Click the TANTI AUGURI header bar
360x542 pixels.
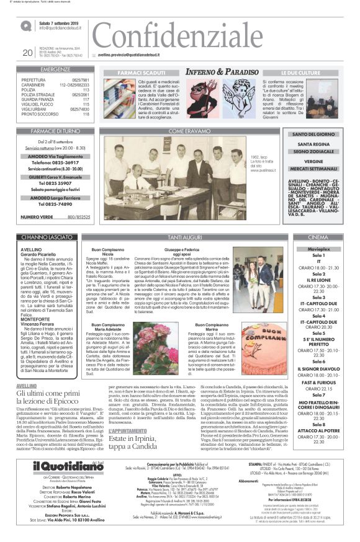coord(184,238)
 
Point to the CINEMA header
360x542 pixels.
coord(317,238)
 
